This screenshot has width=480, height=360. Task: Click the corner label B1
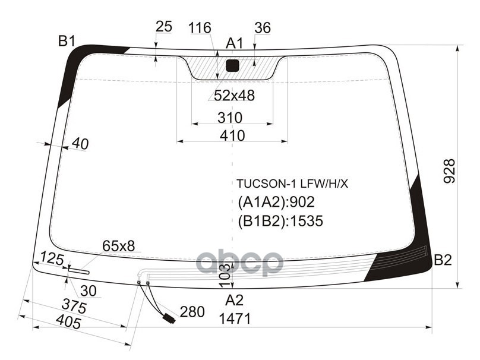(66, 41)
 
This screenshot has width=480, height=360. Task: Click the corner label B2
(443, 260)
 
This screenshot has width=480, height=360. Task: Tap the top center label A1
(235, 43)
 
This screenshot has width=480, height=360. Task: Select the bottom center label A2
(235, 299)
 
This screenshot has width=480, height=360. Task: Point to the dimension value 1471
(235, 318)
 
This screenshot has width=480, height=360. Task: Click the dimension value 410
(232, 135)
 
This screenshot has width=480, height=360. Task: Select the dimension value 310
(229, 117)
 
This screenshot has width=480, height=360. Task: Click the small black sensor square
(232, 65)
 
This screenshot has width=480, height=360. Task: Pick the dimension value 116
(200, 28)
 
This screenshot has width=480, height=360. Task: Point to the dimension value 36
(262, 28)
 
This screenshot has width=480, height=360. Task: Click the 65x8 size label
(119, 245)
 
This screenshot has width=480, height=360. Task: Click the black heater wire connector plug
(169, 318)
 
